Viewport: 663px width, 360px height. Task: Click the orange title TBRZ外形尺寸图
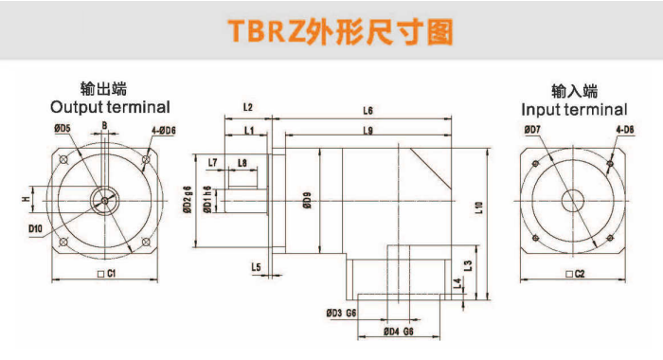(341, 31)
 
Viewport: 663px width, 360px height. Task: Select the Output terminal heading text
(110, 107)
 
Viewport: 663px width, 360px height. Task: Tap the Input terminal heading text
(574, 110)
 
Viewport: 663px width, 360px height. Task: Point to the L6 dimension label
(367, 111)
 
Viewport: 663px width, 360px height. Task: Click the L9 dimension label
(367, 131)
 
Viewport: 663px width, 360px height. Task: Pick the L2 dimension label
(248, 107)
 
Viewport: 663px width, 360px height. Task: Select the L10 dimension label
(478, 207)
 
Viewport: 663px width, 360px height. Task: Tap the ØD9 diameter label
(307, 200)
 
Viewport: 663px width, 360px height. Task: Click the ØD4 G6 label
(399, 332)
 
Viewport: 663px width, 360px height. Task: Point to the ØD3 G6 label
(341, 313)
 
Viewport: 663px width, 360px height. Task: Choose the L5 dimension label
(256, 267)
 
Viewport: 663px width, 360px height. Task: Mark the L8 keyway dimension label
(242, 163)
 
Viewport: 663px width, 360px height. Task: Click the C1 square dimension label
(106, 274)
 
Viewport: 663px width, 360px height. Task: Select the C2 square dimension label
(575, 274)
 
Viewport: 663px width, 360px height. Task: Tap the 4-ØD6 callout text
(164, 131)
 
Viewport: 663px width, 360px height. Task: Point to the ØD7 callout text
(532, 130)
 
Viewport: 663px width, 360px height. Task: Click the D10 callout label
(36, 229)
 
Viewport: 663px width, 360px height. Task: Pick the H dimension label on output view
(27, 199)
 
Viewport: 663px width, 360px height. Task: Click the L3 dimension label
(468, 266)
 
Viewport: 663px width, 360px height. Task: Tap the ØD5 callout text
(63, 128)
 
